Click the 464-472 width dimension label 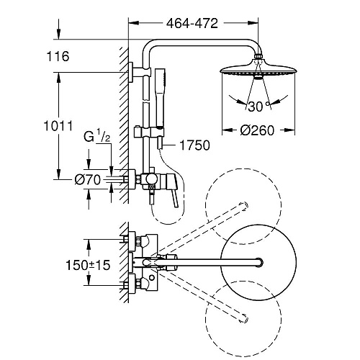tap(192, 23)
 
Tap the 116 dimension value tap(58, 56)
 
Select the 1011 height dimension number tap(58, 126)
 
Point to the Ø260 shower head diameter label tap(257, 130)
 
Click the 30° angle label tap(259, 107)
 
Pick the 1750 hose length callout tap(194, 145)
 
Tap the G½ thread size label tap(96, 136)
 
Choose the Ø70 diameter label tap(87, 179)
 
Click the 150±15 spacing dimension tap(88, 265)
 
